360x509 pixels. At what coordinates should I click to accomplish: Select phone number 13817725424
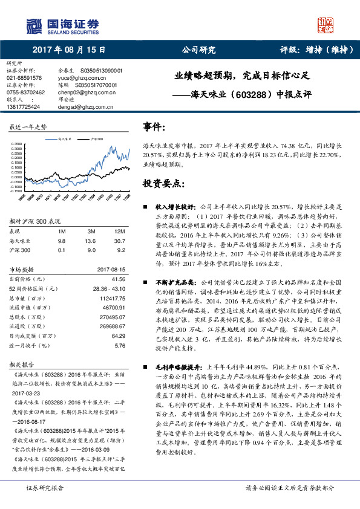[x=23, y=106]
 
